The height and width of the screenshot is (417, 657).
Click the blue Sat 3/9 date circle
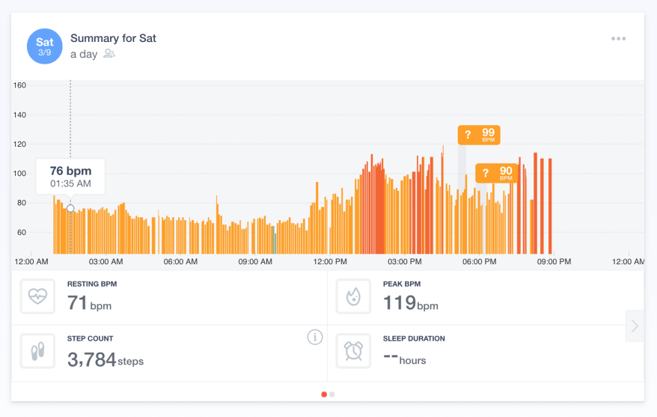pos(45,46)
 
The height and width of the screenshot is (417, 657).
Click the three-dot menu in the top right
pos(618,39)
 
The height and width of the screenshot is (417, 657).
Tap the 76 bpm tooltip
pos(70,177)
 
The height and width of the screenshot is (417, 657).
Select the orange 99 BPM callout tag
pos(479,135)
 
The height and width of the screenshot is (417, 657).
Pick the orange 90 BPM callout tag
pos(496,174)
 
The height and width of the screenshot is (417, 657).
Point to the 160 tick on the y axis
pos(20,85)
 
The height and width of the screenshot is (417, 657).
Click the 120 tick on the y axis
pos(20,144)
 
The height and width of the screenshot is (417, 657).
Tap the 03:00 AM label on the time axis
pos(106,262)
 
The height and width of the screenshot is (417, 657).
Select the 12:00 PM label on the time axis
pos(330,262)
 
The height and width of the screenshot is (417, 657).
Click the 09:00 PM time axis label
pos(554,262)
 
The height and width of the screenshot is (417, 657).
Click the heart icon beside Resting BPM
pos(37,296)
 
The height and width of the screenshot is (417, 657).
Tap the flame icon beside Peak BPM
pos(353,296)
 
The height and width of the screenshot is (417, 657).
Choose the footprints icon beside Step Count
pos(37,350)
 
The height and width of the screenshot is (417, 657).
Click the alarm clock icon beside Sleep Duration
pos(353,350)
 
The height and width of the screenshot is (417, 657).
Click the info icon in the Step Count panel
pos(315,338)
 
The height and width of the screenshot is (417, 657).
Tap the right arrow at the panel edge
pos(635,326)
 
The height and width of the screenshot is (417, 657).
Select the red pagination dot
pos(324,394)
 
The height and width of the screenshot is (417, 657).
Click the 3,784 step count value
pos(91,360)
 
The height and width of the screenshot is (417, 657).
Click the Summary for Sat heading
pos(113,38)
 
